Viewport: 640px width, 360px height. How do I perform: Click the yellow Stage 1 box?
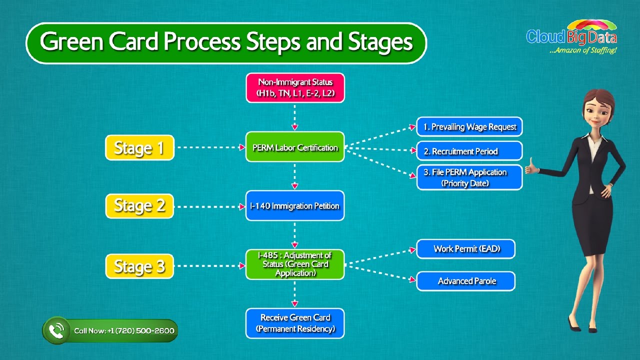point(139,147)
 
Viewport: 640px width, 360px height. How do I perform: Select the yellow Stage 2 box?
point(139,206)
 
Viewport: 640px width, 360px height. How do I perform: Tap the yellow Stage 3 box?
point(139,266)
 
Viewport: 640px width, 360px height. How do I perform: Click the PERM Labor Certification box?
point(295,147)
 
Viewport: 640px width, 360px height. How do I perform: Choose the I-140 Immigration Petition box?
point(295,205)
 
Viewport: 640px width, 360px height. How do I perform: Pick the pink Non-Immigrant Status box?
point(295,87)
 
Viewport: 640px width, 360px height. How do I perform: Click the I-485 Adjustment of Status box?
point(295,264)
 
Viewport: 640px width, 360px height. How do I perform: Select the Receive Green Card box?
point(295,323)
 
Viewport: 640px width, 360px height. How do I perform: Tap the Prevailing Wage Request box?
point(469,126)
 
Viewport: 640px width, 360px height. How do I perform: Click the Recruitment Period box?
point(469,151)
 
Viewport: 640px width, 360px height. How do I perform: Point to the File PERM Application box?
point(469,177)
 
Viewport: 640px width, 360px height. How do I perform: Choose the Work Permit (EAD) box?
point(466,249)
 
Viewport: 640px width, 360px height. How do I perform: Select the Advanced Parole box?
point(466,281)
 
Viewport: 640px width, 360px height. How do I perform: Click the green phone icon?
point(56,330)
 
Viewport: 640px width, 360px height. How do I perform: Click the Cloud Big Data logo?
point(571,36)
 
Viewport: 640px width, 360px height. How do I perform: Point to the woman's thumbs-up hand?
point(532,167)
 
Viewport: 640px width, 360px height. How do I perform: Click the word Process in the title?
point(202,42)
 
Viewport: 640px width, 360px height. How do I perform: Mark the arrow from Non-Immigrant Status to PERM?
point(295,117)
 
